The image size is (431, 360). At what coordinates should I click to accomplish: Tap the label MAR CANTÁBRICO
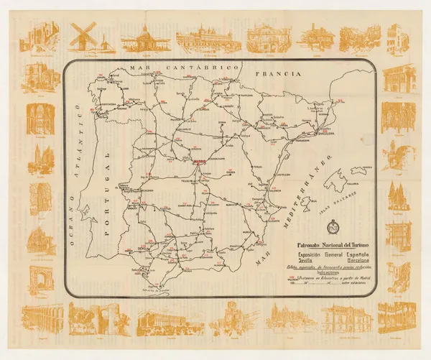(x=183, y=67)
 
